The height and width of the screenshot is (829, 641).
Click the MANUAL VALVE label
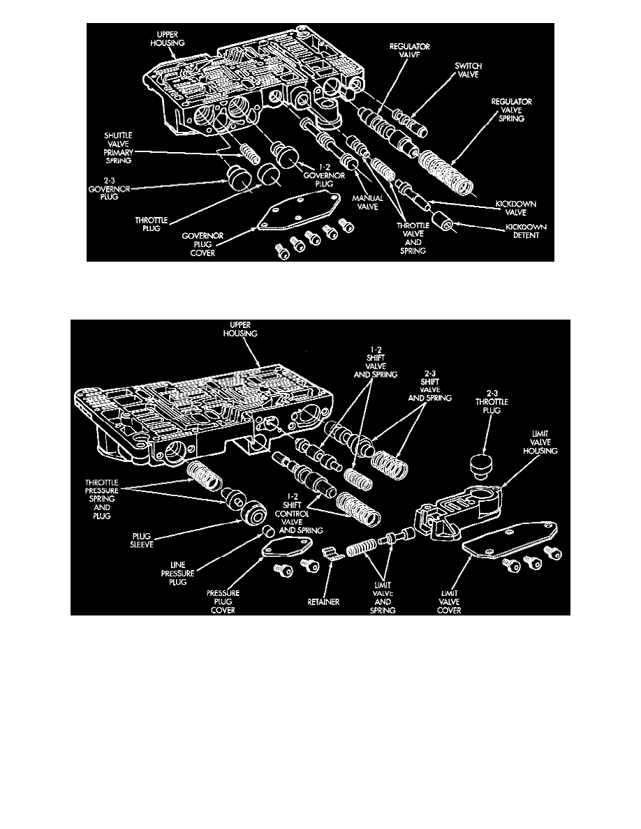[x=367, y=203]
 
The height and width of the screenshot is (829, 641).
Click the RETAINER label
[x=323, y=602]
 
